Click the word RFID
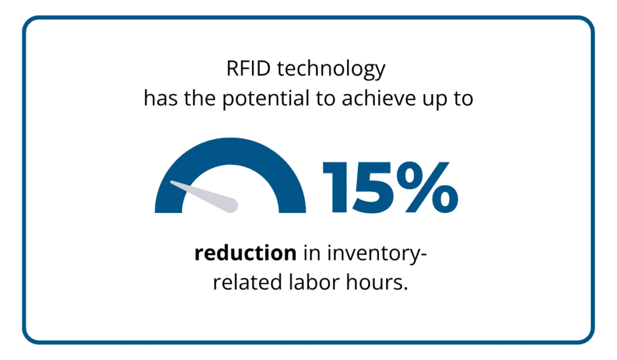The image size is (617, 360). click(x=248, y=69)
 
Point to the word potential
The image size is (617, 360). click(x=266, y=100)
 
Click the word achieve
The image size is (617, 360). click(x=378, y=98)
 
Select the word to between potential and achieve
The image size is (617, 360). click(x=325, y=99)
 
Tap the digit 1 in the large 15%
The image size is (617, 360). click(x=335, y=188)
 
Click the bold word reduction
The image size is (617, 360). click(x=246, y=253)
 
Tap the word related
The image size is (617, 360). click(x=248, y=282)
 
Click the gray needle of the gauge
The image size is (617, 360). click(x=205, y=196)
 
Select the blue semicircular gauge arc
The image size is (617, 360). click(x=230, y=151)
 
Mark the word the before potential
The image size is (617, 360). click(x=200, y=98)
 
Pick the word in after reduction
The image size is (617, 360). click(x=312, y=253)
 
